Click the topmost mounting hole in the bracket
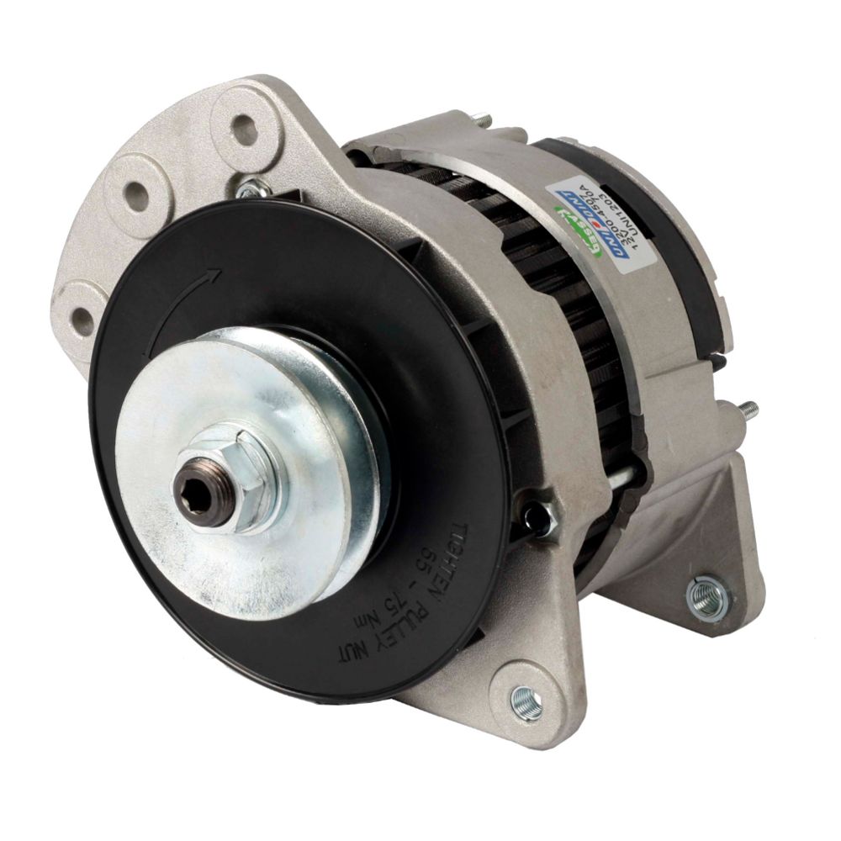pos(244,129)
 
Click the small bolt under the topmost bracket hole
pos(248,190)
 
